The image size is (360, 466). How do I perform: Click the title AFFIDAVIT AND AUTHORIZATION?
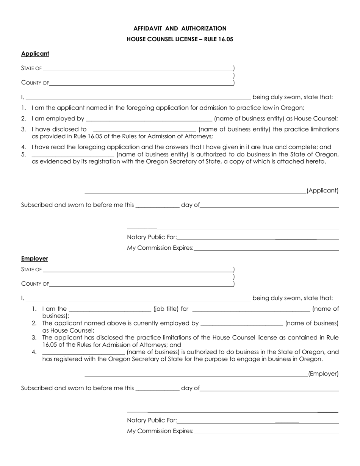180,28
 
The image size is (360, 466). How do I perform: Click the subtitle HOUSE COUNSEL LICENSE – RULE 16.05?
180,39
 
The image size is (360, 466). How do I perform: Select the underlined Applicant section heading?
35,54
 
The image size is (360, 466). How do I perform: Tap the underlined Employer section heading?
34,258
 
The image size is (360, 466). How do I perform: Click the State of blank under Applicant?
138,68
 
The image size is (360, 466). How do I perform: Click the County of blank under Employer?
141,283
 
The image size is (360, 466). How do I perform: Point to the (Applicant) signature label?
322,191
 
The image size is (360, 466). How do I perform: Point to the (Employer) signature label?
323,374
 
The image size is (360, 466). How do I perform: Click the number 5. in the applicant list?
23,154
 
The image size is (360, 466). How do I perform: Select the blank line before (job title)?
110,309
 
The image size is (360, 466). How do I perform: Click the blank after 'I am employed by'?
149,119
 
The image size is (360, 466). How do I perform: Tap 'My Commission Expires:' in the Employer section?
160,431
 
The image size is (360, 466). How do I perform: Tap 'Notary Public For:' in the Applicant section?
152,237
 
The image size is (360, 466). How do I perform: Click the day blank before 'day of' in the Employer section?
157,389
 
